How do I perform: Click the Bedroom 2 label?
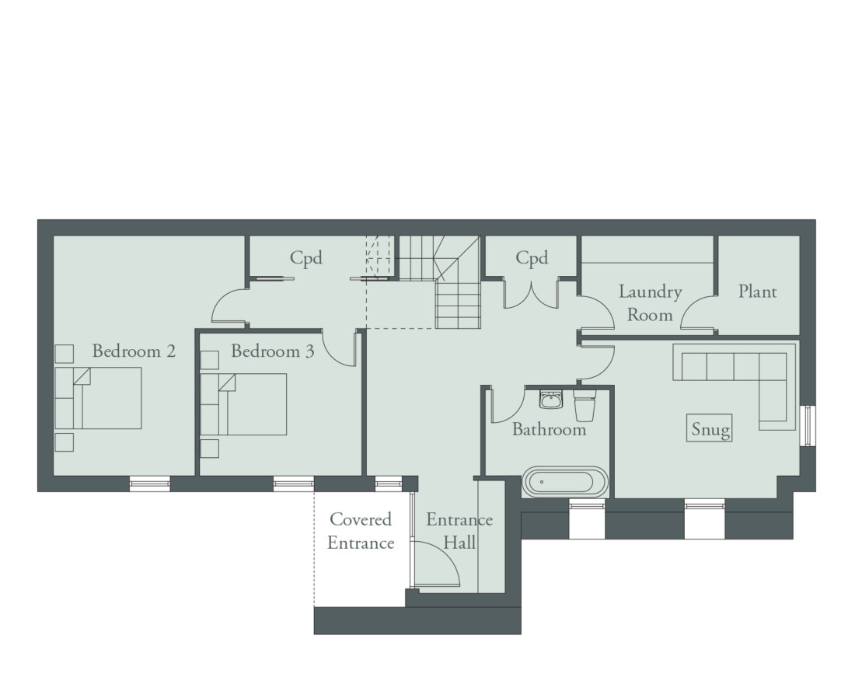pyautogui.click(x=134, y=351)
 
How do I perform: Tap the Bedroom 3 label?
pyautogui.click(x=272, y=351)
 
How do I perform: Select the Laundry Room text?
pyautogui.click(x=650, y=303)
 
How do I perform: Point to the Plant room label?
pyautogui.click(x=757, y=292)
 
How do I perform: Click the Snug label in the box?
pyautogui.click(x=711, y=429)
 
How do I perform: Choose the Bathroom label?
pyautogui.click(x=549, y=429)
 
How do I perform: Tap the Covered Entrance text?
pyautogui.click(x=360, y=531)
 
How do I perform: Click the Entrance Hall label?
pyautogui.click(x=459, y=531)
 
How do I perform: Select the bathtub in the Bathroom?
pyautogui.click(x=564, y=482)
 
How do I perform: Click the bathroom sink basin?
pyautogui.click(x=551, y=401)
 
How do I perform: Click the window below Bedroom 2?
pyautogui.click(x=149, y=484)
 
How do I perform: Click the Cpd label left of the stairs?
pyautogui.click(x=306, y=258)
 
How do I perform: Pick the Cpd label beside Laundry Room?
pyautogui.click(x=532, y=258)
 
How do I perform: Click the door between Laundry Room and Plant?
pyautogui.click(x=698, y=313)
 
